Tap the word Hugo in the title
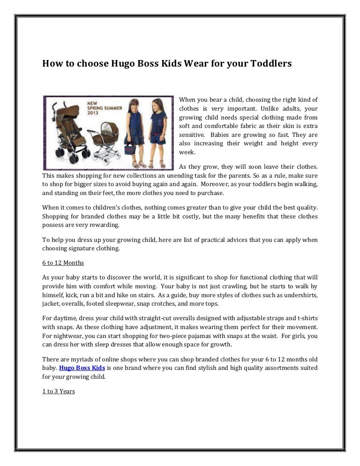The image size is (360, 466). tap(124, 63)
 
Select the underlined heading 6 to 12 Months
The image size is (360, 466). tap(63, 263)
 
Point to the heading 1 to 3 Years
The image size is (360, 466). tap(59, 391)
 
